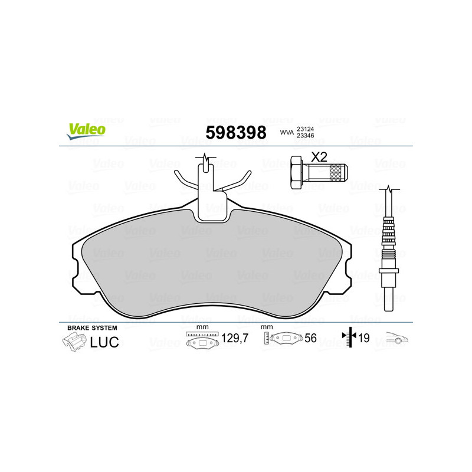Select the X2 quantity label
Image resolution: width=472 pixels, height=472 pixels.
tap(319, 157)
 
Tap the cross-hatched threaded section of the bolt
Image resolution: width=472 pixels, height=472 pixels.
tap(337, 172)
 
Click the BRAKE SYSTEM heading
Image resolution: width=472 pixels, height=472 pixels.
tap(92, 327)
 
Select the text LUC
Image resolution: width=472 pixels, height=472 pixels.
tap(104, 341)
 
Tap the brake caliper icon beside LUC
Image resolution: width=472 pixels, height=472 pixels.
tap(73, 341)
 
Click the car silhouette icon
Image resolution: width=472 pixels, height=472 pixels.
tap(397, 339)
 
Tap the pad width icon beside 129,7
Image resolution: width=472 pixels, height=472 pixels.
tap(202, 340)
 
